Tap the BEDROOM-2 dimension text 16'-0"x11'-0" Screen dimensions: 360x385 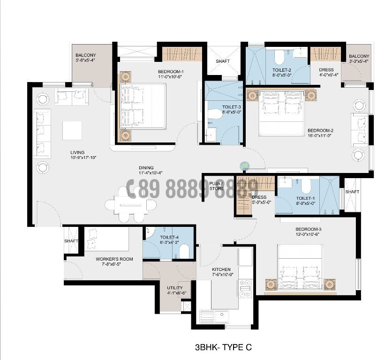(320, 135)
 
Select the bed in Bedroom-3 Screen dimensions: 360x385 (299, 269)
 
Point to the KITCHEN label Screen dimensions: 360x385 (221, 270)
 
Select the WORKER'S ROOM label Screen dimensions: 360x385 (114, 259)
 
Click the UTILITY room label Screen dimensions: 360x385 (175, 288)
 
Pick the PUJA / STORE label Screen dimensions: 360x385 (216, 185)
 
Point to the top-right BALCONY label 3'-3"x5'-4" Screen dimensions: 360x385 (359, 56)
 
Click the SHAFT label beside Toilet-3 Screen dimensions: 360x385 (222, 61)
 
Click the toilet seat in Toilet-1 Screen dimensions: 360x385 (307, 187)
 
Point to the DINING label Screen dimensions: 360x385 (146, 168)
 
